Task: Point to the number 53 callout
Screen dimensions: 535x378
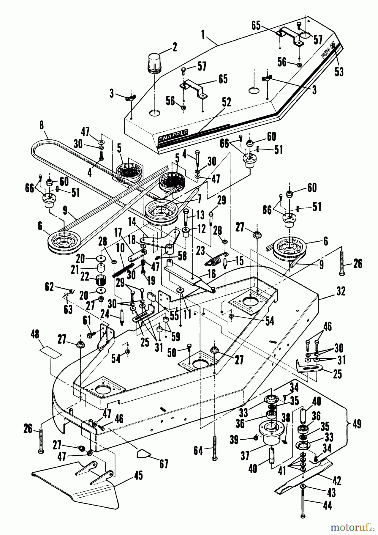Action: pos(339,72)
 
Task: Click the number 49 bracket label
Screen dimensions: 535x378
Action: pos(357,424)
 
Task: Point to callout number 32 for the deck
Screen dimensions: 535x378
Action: pos(341,292)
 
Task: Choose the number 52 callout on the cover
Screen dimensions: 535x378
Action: pos(227,103)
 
